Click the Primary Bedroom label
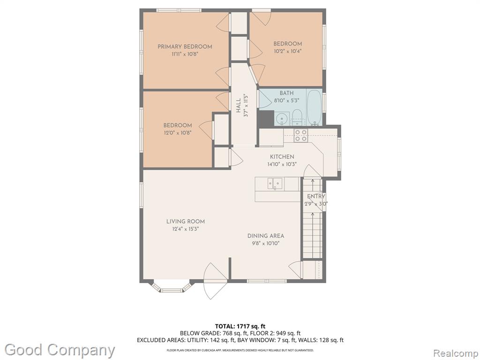[x=185, y=47]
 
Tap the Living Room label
[x=186, y=221]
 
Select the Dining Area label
[x=266, y=236]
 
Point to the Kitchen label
[x=282, y=157]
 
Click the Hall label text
[x=238, y=105]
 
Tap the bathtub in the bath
[x=314, y=107]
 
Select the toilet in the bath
[x=297, y=117]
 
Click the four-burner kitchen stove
[x=300, y=135]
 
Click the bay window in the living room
[x=172, y=287]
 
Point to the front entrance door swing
[x=216, y=281]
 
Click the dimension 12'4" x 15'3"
[x=186, y=229]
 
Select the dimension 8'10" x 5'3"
[x=286, y=100]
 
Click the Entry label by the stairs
[x=316, y=196]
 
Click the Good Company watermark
[x=60, y=350]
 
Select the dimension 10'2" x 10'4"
[x=288, y=52]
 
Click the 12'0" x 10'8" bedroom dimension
[x=178, y=133]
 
